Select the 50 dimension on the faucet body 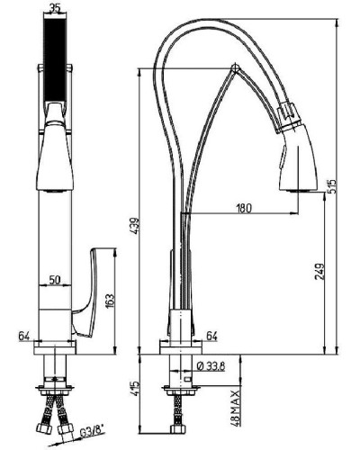coord(55,281)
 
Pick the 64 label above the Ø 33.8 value coord(212,336)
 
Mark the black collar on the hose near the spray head coord(286,114)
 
